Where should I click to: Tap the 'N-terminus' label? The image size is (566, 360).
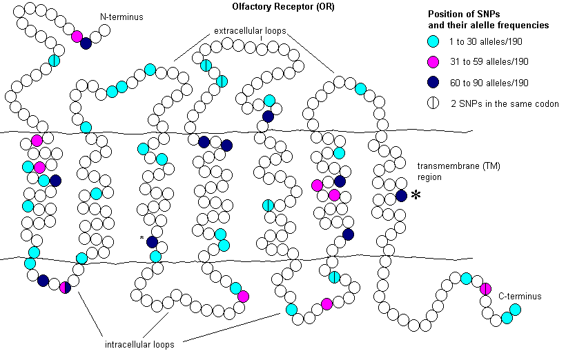pos(121,16)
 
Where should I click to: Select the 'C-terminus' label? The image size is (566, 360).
pos(519,296)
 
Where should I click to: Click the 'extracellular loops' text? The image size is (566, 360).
pos(249,31)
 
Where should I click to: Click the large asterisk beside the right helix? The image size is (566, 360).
pos(416,196)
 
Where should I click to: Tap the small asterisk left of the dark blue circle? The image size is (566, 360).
pos(141,239)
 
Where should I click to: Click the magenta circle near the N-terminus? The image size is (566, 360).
pos(77,37)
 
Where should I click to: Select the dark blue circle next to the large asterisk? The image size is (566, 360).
pos(401,196)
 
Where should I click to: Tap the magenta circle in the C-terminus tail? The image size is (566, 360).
pos(485,288)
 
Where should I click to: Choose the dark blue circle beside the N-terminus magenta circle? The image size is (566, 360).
pos(86,43)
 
